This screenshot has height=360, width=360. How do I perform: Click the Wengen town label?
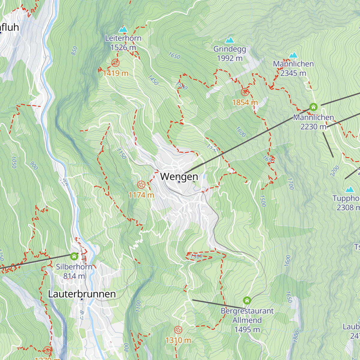179,176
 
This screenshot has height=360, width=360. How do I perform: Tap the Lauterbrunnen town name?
82,294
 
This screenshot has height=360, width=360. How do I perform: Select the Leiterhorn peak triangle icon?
123,29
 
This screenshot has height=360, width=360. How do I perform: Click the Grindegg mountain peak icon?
229,40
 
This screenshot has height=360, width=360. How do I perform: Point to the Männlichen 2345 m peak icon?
293,55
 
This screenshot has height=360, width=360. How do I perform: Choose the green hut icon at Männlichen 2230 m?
313,107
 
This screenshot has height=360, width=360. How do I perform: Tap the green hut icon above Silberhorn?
74,256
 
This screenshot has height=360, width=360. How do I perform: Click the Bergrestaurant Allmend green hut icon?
247,300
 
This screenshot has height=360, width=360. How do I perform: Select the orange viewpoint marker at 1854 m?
245,92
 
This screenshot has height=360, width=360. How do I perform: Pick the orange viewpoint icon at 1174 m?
141,184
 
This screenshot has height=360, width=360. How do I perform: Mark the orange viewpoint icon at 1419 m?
115,63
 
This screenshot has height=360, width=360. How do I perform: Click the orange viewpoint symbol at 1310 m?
178,330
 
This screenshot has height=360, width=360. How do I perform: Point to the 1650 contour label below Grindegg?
174,56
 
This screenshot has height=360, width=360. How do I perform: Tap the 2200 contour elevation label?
334,171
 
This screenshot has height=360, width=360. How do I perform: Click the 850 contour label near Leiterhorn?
74,51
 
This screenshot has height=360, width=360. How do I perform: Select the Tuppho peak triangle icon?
349,190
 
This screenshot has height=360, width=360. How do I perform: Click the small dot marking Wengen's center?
179,182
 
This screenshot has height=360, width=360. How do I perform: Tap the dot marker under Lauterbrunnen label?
82,299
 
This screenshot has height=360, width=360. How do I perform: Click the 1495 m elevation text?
247,329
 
